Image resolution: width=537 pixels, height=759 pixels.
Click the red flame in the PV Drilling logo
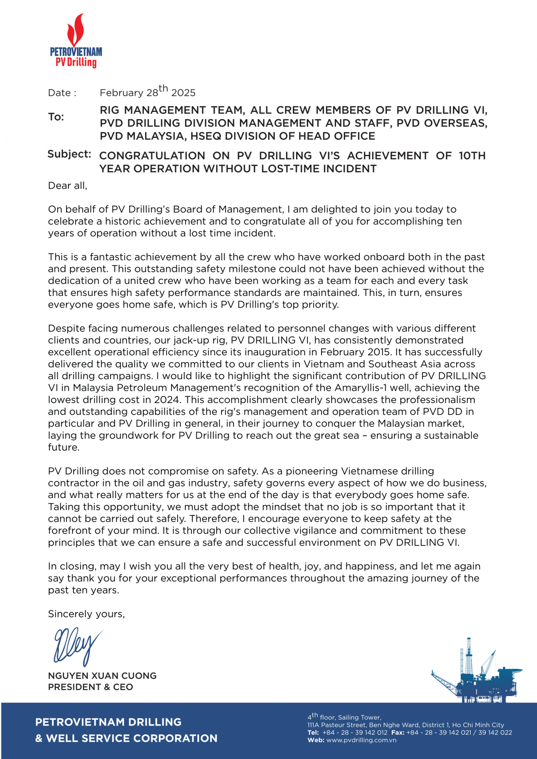coord(76,30)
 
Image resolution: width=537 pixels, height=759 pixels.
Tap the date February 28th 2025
coord(147,92)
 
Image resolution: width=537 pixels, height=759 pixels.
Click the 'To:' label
coord(56,117)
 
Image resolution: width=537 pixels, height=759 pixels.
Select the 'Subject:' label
coord(69,154)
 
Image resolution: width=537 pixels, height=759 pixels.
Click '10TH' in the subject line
coord(472,156)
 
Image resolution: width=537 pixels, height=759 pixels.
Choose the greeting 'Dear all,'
coord(68,186)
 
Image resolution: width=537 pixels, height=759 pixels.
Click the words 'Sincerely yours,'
coord(86,614)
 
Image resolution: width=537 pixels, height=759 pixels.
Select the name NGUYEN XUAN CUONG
coord(102,676)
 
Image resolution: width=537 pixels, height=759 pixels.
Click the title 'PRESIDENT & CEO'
coord(91,687)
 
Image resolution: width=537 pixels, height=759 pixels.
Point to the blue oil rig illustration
coord(476,673)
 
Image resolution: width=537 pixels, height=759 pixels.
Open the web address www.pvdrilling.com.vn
coord(361,740)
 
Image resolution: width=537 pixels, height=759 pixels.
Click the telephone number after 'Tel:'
coord(355,733)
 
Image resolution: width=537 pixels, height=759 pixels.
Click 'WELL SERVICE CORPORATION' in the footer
coord(132,738)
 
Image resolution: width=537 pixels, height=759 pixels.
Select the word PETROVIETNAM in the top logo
coord(76,52)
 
